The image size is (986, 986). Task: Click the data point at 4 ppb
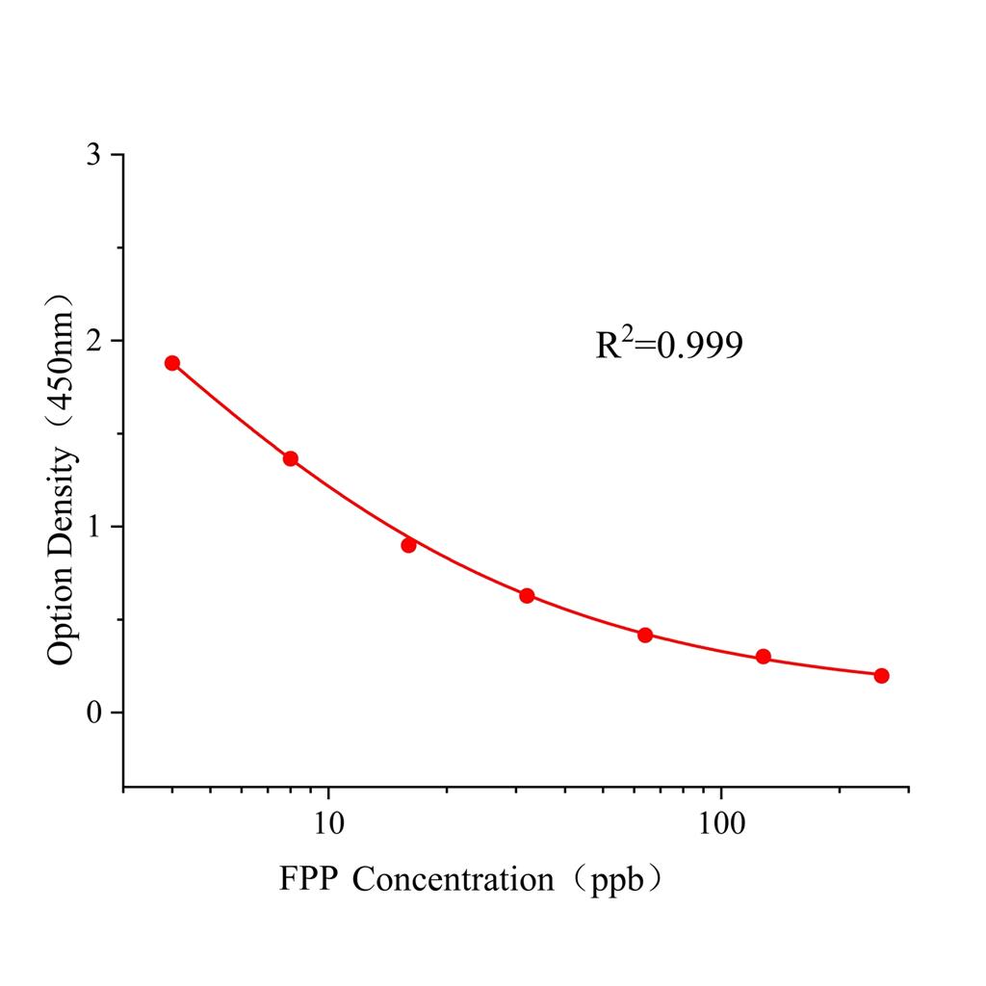coord(172,363)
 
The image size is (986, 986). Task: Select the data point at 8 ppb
coord(291,458)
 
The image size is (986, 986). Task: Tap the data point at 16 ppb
coord(408,545)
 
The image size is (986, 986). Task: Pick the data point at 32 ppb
coord(527,596)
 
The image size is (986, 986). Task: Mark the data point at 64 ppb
coord(645,635)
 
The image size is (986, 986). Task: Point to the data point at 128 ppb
coord(764,657)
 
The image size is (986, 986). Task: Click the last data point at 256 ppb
coord(881,675)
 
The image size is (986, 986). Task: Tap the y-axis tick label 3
coord(92,156)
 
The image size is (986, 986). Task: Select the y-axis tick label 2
coord(92,342)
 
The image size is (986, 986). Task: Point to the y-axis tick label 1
coord(92,528)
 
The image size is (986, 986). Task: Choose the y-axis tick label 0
coord(92,714)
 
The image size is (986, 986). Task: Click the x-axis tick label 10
coord(329,824)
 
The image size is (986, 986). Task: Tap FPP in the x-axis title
coord(307,879)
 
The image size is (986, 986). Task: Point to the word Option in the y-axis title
coord(62,615)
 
